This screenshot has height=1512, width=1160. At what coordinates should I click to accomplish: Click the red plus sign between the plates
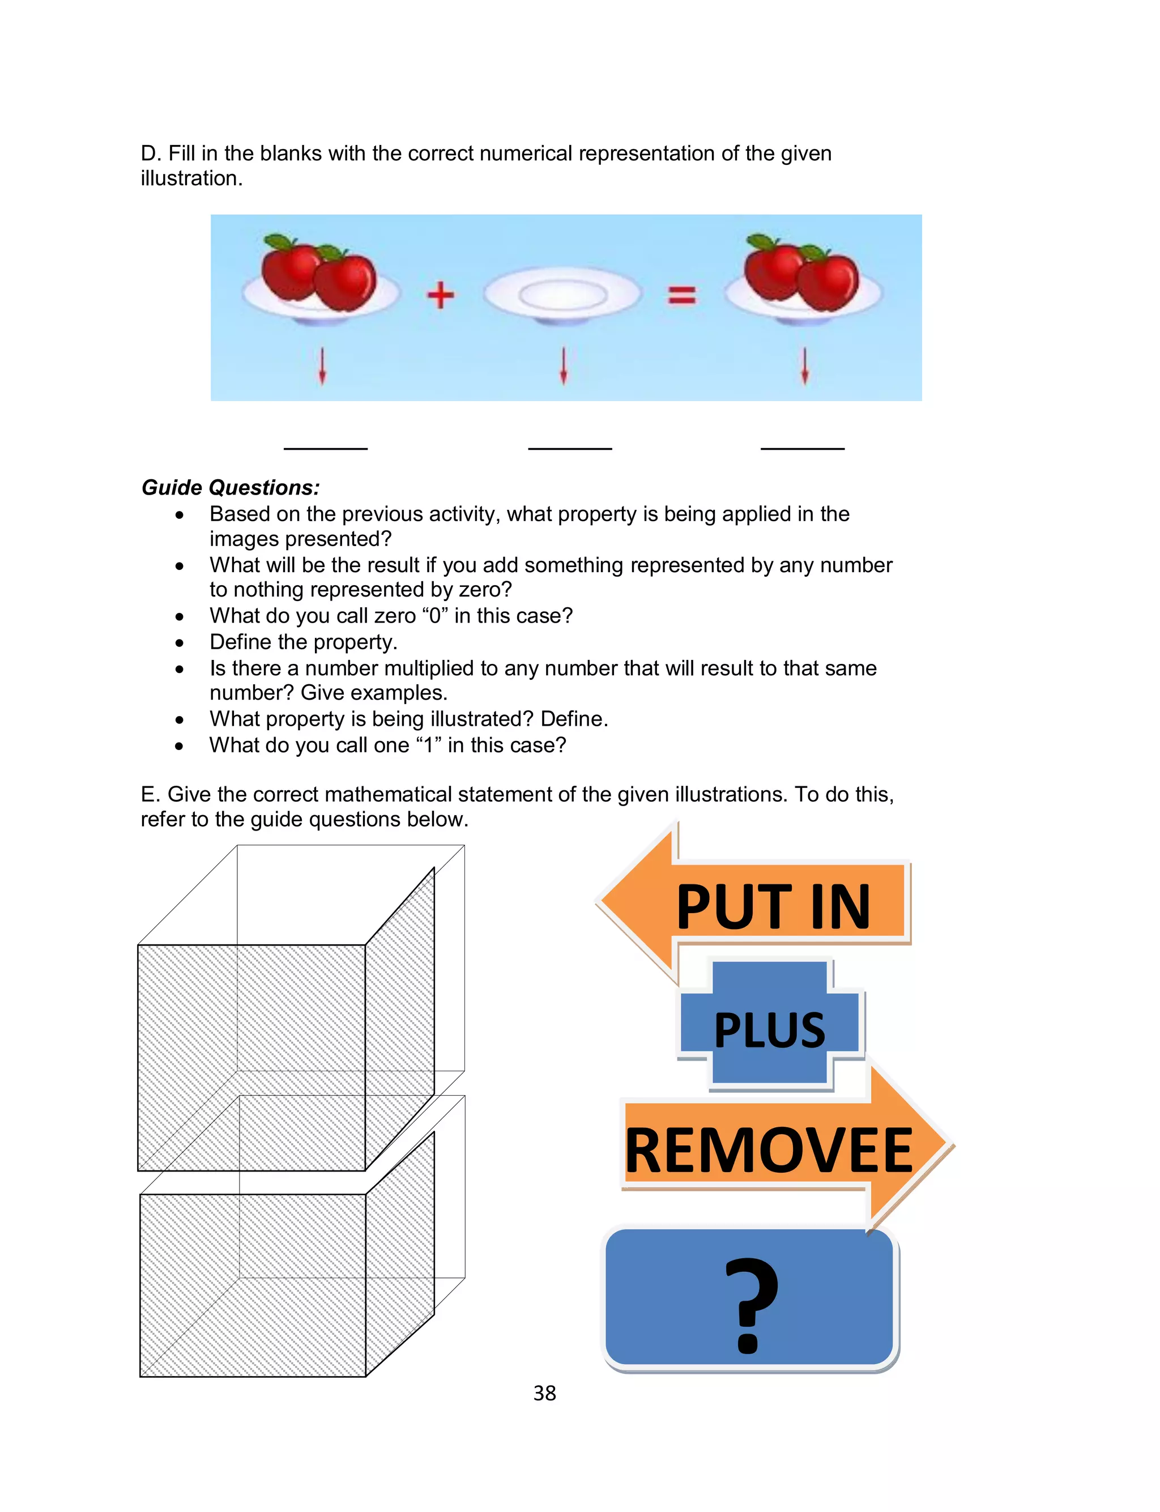[440, 296]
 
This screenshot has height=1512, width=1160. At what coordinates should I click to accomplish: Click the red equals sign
[681, 296]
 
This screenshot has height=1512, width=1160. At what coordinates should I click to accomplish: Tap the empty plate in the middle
[563, 296]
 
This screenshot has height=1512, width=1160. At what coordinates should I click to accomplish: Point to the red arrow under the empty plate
[564, 366]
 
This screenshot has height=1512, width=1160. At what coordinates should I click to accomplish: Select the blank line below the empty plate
[570, 448]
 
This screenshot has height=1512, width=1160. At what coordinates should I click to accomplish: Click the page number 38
[544, 1392]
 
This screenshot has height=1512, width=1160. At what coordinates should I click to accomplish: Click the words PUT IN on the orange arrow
[773, 906]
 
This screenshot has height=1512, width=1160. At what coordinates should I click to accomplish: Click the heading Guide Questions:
[231, 487]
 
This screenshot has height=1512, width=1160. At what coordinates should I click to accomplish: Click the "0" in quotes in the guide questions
[434, 615]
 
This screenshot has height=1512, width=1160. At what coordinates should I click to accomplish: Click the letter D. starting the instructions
[150, 154]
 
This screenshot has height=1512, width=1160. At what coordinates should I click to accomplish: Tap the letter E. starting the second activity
[150, 794]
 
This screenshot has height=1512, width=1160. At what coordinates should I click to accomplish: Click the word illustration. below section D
[191, 178]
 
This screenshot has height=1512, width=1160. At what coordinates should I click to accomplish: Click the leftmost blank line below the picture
[325, 448]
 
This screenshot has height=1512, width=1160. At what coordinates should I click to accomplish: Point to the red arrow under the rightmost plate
[804, 366]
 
